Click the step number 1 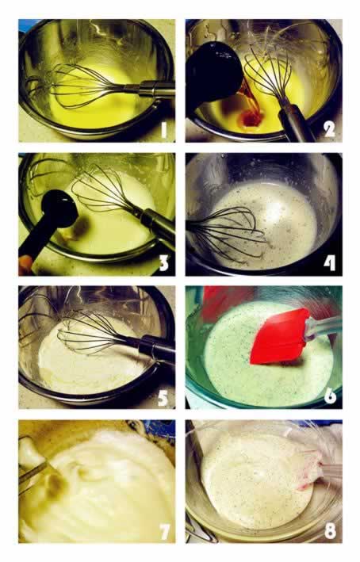(164, 130)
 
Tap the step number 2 (329, 129)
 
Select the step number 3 (163, 263)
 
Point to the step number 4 (330, 263)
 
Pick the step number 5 (163, 397)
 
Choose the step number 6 (330, 396)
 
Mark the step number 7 (164, 531)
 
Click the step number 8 (330, 530)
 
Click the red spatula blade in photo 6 (280, 336)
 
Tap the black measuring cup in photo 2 (214, 71)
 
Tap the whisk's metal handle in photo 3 (155, 225)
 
